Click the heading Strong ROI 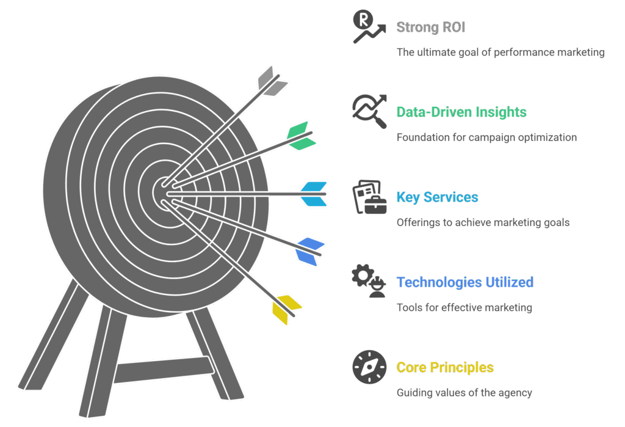(430, 27)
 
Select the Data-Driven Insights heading (461, 112)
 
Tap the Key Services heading (437, 197)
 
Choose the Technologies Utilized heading (464, 282)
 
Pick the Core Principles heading (445, 367)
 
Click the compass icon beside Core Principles (369, 367)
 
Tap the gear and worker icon (369, 281)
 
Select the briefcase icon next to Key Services (369, 197)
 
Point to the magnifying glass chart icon (369, 111)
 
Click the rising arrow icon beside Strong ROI (369, 26)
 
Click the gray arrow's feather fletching (272, 82)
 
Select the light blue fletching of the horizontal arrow (314, 194)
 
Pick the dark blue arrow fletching (309, 252)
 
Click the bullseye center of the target (164, 193)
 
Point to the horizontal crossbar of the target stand (164, 369)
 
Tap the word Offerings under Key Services (414, 223)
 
